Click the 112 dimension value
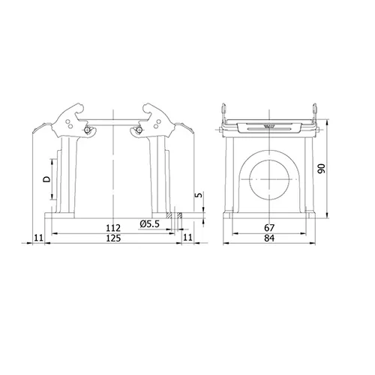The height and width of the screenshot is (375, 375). pos(113,228)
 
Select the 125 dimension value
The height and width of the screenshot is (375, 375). pos(113,238)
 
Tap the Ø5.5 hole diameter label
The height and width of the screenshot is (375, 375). pos(149,223)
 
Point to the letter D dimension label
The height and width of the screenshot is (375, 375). pos(46,179)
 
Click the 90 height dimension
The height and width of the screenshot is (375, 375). pos(321,169)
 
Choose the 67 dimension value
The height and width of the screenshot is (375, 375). pos(269,228)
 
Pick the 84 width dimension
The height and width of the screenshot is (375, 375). pos(269,238)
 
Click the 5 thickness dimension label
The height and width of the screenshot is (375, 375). pos(199,194)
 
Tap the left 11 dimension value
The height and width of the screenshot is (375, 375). pos(39,237)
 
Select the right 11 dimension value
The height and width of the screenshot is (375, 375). pos(188,237)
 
